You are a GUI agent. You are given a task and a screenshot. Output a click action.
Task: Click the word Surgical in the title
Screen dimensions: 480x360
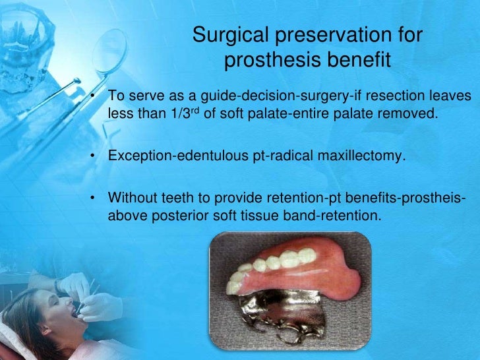tap(231, 35)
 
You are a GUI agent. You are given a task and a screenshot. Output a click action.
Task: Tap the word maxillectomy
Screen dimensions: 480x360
tap(361, 156)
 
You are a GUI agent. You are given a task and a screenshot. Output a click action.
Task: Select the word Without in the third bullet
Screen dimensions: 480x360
tap(133, 197)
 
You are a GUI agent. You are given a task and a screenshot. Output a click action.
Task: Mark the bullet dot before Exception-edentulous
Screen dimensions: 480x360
tap(92, 156)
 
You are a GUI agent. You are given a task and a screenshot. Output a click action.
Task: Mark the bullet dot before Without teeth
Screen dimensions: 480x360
tap(92, 197)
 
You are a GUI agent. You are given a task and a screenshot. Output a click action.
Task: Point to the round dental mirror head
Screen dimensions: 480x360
tap(109, 51)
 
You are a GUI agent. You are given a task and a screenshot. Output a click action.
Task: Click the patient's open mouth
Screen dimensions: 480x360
tap(75, 313)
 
